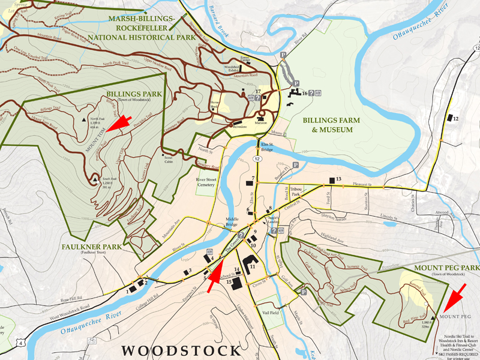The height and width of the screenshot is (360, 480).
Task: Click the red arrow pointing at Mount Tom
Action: [x=120, y=122]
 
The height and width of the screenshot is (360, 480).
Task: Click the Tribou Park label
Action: [x=295, y=192]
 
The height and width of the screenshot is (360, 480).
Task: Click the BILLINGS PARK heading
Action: [x=130, y=94]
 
